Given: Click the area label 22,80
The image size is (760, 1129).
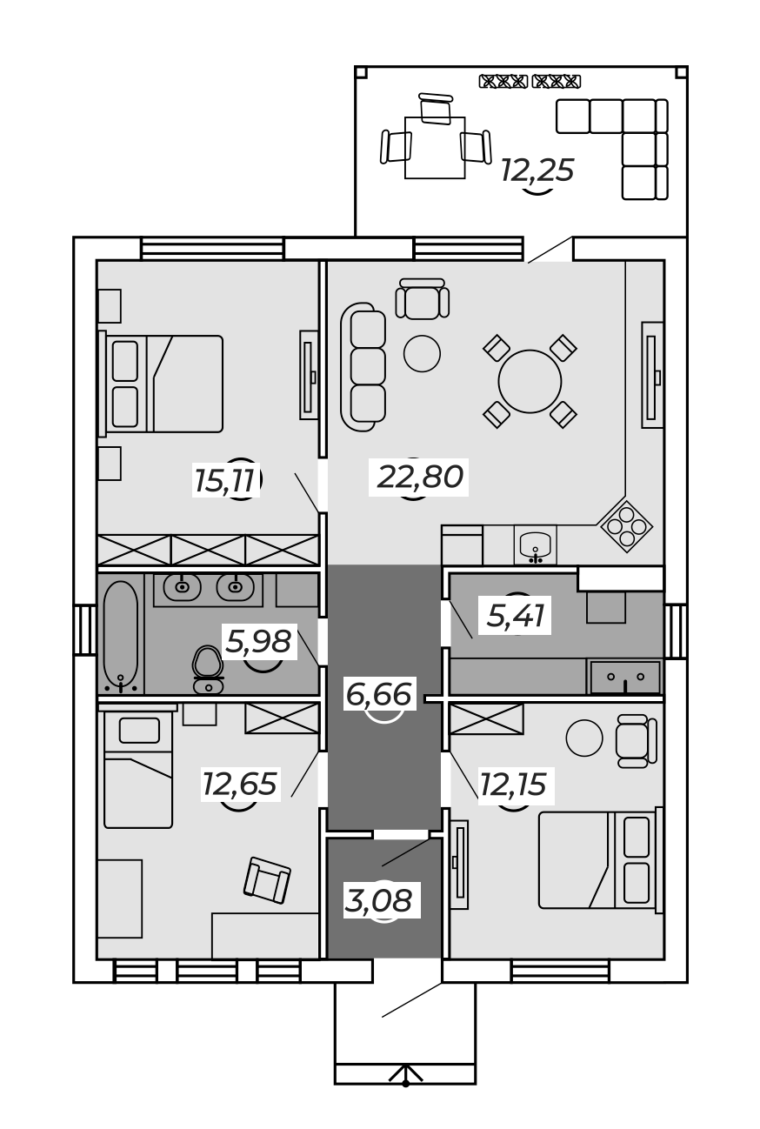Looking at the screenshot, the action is (x=419, y=477).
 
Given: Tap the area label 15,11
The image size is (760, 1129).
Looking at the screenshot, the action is (x=223, y=480).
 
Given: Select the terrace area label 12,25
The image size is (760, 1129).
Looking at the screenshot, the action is (x=537, y=170).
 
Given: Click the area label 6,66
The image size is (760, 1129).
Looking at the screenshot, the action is (x=378, y=695).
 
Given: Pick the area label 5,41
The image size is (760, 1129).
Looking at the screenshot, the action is (x=516, y=616).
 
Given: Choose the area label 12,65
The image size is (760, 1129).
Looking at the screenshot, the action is (x=240, y=784).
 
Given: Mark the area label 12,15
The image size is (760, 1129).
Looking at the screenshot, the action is (x=513, y=785).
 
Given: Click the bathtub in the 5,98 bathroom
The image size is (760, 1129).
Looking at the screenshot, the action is (x=121, y=637).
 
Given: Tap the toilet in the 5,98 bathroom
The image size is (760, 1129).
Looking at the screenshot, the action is (x=208, y=670).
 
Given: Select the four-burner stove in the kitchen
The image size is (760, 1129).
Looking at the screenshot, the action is (x=626, y=526).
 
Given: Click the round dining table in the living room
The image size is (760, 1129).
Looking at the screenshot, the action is (x=530, y=381).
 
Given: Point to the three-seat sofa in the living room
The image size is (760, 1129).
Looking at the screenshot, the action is (x=363, y=367).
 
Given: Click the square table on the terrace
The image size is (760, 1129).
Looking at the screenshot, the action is (x=435, y=148).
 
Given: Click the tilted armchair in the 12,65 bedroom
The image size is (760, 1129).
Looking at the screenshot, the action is (x=267, y=880).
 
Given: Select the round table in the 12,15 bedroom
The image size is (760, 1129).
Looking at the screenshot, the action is (x=584, y=738).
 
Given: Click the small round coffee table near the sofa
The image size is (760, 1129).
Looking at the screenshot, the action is (x=422, y=353).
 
